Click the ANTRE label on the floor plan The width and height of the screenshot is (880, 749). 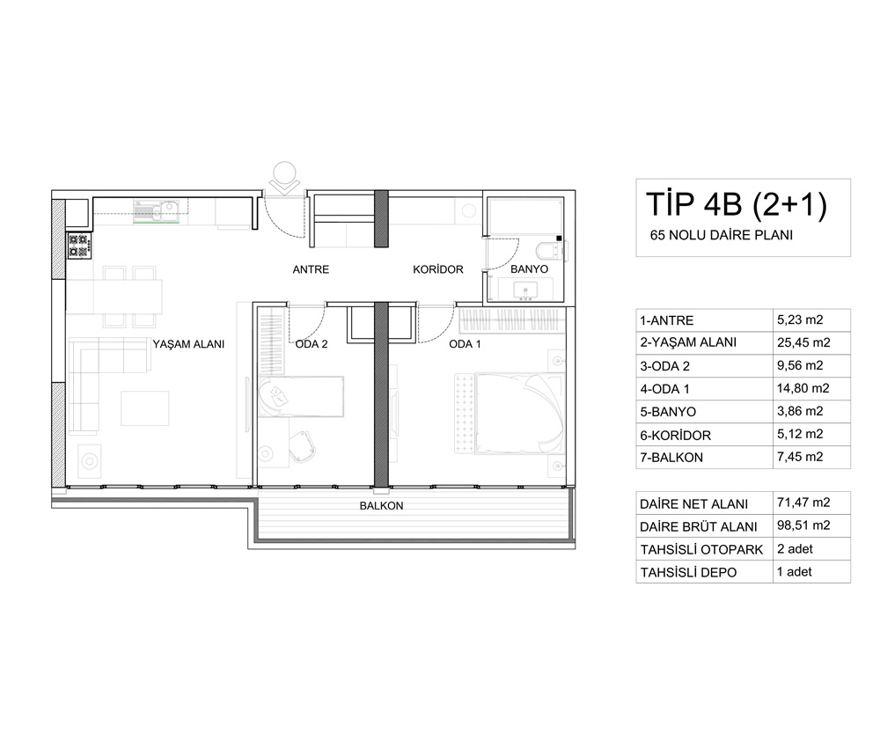pos(311,269)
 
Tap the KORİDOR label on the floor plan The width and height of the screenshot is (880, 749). pos(438,269)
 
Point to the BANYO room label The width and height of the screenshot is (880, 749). pos(529,269)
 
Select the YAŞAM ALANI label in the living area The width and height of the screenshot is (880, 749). pos(188,344)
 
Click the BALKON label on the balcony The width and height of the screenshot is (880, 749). pos(382,506)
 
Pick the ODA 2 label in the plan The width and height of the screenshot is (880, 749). pos(312,344)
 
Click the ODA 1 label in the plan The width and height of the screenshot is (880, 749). pos(466,344)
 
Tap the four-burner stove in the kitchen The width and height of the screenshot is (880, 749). pos(78,246)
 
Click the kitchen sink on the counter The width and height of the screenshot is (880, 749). pos(156,210)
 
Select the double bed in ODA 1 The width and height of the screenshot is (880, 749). pos(510,413)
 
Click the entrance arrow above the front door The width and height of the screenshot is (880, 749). pos(284,178)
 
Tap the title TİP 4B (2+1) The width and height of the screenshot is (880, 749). pos(737,204)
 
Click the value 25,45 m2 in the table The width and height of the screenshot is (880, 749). pos(803,342)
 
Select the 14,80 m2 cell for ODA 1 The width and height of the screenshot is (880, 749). pos(803,388)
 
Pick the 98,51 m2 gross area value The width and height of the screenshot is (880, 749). pos(803,525)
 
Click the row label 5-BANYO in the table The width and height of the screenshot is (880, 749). pos(668,412)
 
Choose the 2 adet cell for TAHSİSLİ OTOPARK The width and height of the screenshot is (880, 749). pos(795,549)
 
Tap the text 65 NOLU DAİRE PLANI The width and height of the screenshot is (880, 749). pos(722,235)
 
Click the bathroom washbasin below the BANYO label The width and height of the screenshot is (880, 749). pos(525,291)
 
